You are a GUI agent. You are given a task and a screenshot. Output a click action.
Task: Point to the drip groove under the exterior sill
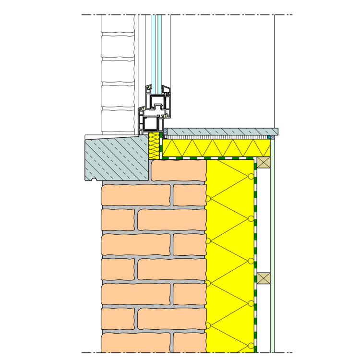[94, 180]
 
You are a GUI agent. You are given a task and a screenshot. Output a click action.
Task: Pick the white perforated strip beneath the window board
[216, 137]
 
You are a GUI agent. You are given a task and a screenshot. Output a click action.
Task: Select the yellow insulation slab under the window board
[216, 148]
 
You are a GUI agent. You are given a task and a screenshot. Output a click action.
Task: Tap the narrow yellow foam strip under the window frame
[154, 146]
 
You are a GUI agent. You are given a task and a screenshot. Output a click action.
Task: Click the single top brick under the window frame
[179, 170]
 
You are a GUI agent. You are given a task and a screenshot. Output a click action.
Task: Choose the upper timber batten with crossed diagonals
[264, 162]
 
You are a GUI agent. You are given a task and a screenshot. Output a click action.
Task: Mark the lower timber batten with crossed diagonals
[264, 278]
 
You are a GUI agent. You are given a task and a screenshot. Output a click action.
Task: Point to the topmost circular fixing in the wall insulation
[251, 177]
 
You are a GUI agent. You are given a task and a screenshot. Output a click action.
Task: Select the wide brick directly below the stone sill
[136, 195]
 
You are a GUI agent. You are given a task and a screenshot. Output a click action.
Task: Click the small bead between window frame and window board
[164, 132]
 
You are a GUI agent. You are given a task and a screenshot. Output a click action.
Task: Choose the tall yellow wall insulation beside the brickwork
[229, 259]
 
